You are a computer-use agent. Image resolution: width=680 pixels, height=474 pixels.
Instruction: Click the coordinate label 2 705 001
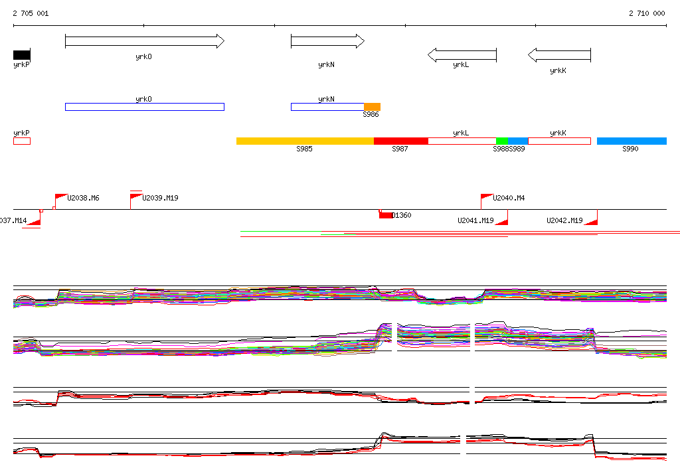pos(31,13)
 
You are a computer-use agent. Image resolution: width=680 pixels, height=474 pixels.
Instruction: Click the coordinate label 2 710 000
pos(647,13)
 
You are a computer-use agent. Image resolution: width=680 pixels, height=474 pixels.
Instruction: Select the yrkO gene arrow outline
pos(144,41)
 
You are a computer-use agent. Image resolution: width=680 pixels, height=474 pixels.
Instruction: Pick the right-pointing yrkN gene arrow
pos(327,41)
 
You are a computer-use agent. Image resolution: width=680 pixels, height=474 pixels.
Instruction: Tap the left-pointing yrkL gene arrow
pos(462,55)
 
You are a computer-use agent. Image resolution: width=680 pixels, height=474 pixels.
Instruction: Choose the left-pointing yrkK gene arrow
pos(559,55)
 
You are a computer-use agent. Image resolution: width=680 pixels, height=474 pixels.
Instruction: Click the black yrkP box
pos(21,55)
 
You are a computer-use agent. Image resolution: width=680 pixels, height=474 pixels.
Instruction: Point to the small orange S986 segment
pos(372,107)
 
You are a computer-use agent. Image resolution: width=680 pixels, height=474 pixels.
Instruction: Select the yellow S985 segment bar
pos(305,141)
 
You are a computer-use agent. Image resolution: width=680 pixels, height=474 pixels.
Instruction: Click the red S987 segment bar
pos(401,141)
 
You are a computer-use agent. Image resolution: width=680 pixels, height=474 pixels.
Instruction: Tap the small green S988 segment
pos(502,141)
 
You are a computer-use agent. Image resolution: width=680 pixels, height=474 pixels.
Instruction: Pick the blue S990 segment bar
pos(631,141)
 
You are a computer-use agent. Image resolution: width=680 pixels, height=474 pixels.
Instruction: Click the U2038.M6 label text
pos(83,198)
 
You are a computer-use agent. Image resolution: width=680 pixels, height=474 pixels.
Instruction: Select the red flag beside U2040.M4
pos(487,197)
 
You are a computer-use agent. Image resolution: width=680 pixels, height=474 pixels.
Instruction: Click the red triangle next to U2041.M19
pos(503,222)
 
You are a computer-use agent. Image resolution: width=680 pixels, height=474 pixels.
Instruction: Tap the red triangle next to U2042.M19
pos(592,222)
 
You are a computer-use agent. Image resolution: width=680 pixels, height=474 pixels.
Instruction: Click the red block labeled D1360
pos(385,214)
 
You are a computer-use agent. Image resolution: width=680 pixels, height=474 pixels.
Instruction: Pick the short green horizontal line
pos(280,232)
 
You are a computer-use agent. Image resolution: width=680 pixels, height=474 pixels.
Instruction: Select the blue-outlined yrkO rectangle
pos(144,107)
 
